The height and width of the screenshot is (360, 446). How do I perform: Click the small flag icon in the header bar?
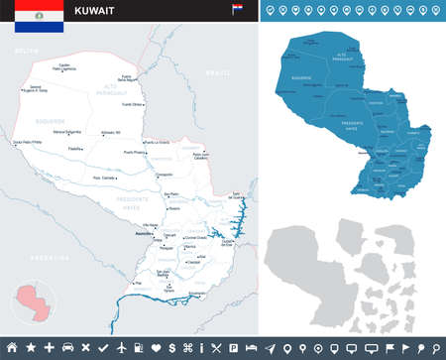pos(238,9)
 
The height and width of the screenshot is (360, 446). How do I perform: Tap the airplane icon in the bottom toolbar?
pos(121,347)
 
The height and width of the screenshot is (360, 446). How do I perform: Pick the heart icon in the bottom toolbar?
pos(156,347)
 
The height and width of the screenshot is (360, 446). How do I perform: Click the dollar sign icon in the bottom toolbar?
pos(173,347)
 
